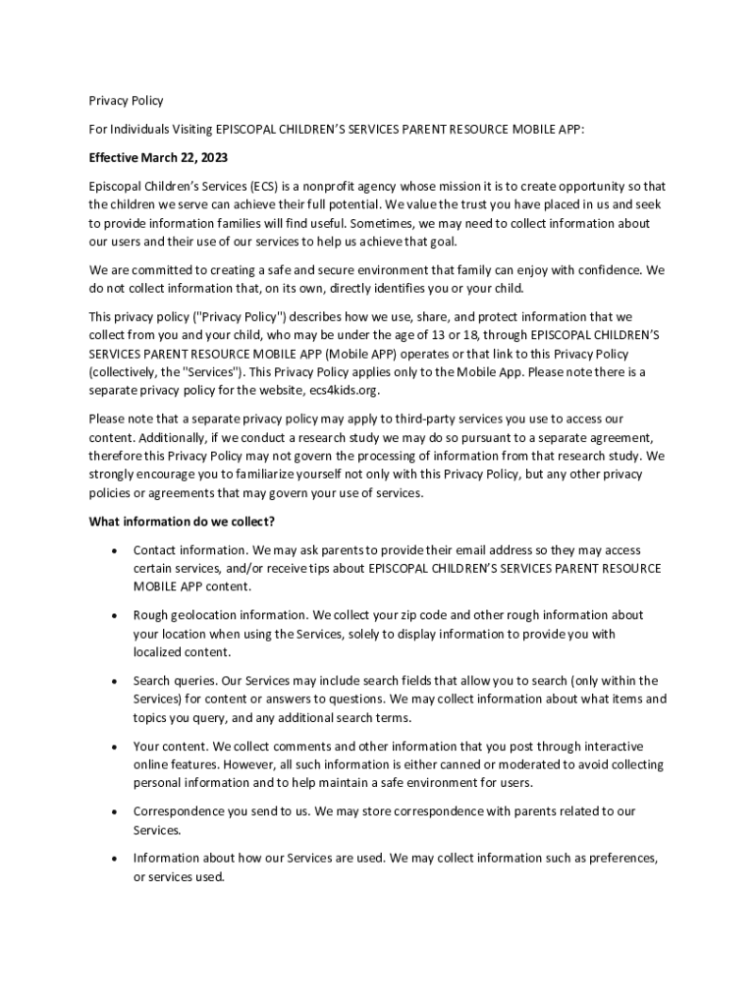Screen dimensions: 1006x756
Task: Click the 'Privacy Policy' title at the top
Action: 126,100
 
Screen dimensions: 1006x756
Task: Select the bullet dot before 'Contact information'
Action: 115,551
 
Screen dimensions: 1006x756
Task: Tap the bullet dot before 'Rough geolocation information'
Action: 115,616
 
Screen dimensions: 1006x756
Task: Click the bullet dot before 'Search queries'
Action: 115,681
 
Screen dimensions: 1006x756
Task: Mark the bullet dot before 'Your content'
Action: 115,747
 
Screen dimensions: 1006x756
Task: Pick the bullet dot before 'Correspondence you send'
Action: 115,811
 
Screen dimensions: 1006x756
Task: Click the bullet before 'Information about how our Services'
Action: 115,859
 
